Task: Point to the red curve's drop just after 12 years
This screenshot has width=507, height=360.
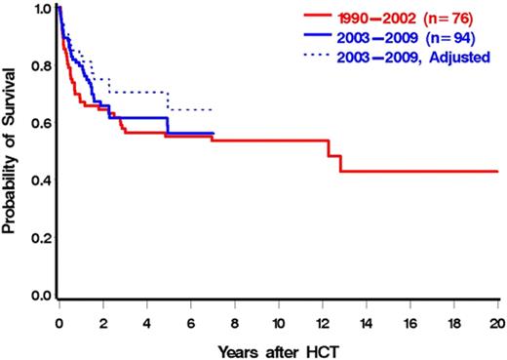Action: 330,148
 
